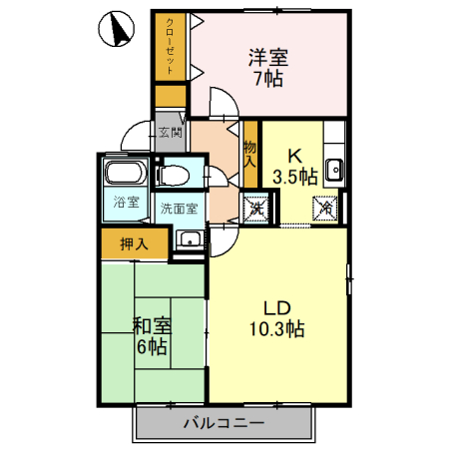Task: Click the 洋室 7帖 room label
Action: point(267,66)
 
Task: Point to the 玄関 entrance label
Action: point(170,130)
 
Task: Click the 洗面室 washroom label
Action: point(179,209)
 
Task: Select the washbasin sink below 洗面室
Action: point(188,240)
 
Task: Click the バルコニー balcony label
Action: point(224,423)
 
